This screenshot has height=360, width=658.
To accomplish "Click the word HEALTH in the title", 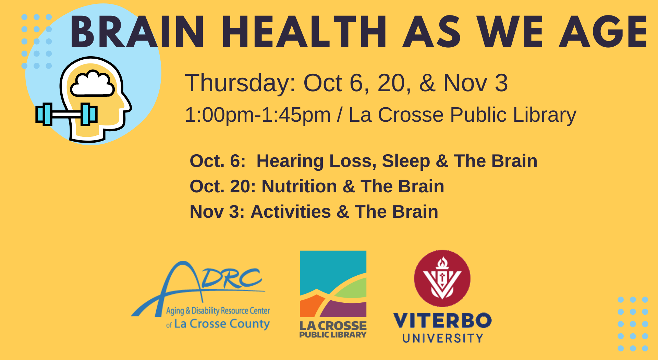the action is pyautogui.click(x=304, y=32).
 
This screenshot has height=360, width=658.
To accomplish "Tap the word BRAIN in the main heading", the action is pyautogui.click(x=137, y=32).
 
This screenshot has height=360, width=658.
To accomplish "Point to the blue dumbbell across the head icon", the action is pyautogui.click(x=66, y=114).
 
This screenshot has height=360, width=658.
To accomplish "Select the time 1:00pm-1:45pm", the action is pyautogui.click(x=258, y=115).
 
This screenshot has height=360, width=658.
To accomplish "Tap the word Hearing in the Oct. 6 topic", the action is pyautogui.click(x=290, y=161).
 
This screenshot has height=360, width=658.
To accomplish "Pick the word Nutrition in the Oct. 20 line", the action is pyautogui.click(x=300, y=187).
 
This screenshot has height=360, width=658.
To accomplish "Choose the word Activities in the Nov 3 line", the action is pyautogui.click(x=291, y=212).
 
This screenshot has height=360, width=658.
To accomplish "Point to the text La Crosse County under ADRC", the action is pyautogui.click(x=222, y=324).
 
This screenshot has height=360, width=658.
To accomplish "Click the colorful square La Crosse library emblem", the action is pyautogui.click(x=333, y=284).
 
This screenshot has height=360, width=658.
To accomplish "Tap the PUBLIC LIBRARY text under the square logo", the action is pyautogui.click(x=333, y=335).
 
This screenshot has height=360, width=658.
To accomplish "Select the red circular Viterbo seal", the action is pyautogui.click(x=442, y=278).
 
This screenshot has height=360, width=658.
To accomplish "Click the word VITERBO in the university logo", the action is pyautogui.click(x=442, y=321).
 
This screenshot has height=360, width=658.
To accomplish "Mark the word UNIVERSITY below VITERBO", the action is pyautogui.click(x=443, y=338).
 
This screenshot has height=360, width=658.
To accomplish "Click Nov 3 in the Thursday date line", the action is pyautogui.click(x=476, y=83).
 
